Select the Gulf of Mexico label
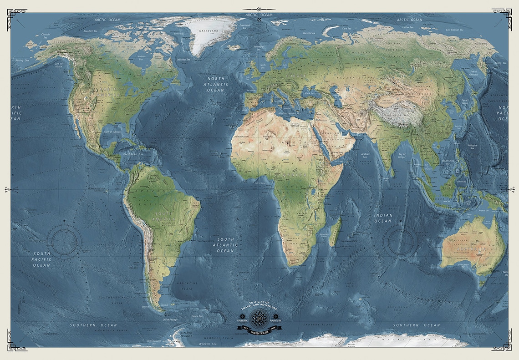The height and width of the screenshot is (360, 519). pos(114,132)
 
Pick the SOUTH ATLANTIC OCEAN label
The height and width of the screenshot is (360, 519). pos(225,245)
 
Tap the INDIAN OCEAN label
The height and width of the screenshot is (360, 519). pos(383,218)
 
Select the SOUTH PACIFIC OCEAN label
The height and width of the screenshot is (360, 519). pos(42,259)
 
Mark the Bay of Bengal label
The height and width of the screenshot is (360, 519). pos(401,157)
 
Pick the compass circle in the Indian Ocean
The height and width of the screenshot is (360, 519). pos(401,241)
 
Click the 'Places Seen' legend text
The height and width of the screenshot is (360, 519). pos(242,321)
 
